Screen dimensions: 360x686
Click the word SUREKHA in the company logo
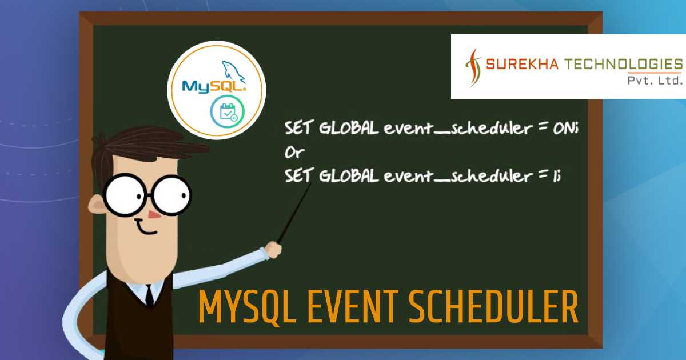(x=518, y=63)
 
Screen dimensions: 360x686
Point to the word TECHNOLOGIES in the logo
(x=620, y=63)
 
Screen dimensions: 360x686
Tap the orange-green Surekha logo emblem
(x=472, y=67)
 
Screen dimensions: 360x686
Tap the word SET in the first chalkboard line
(x=298, y=129)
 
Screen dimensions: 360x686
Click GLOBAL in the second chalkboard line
(x=348, y=177)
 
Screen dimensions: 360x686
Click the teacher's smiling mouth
(x=146, y=230)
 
